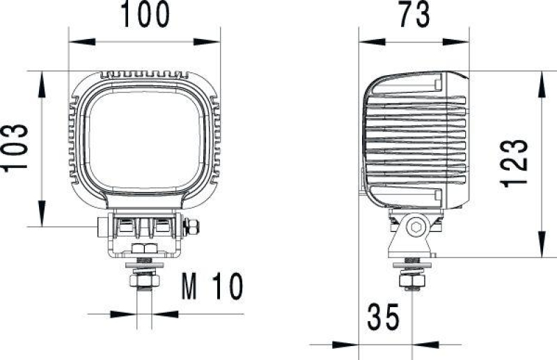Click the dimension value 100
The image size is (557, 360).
click(145, 15)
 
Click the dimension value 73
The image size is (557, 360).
click(414, 15)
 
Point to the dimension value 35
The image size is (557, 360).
click(383, 318)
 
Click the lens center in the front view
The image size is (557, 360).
click(145, 139)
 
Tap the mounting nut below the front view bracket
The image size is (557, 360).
click(144, 280)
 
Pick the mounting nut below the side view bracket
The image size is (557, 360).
click(412, 280)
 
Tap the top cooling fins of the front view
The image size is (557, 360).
click(145, 73)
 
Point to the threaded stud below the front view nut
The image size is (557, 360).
click(144, 306)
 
